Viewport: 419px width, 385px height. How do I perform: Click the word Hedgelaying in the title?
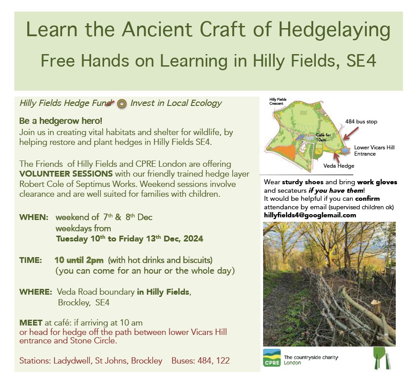(x=334, y=30)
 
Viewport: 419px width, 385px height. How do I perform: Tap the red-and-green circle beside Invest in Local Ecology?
(x=122, y=104)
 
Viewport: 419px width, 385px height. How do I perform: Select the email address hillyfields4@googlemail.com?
(x=310, y=216)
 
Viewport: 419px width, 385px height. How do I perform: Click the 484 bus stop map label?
(x=361, y=122)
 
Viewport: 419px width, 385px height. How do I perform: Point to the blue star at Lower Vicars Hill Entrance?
(x=346, y=150)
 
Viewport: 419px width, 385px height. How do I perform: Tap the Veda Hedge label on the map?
(x=339, y=166)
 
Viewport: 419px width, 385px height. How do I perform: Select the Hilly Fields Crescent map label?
(x=278, y=102)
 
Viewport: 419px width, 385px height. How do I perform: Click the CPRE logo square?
(x=272, y=358)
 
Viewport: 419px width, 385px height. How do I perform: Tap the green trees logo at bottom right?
(x=381, y=358)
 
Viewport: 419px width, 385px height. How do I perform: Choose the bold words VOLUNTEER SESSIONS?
(x=66, y=174)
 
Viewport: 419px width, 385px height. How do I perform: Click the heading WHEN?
(x=34, y=217)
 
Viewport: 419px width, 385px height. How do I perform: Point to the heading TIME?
(x=30, y=260)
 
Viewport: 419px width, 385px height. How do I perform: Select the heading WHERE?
(x=36, y=292)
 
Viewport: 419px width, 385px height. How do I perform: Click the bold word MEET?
(x=31, y=323)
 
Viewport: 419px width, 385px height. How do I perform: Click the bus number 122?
(x=223, y=361)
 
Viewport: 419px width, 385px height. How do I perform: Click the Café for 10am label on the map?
(x=323, y=138)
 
